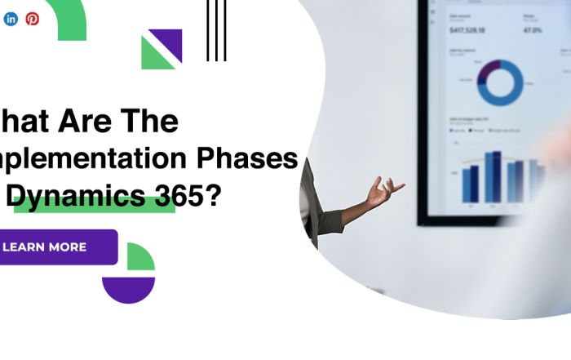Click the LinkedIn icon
tap(11, 19)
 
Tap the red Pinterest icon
tap(33, 19)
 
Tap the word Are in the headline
tap(86, 121)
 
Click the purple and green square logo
tap(162, 49)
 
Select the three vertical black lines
tap(216, 30)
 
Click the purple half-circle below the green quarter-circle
tap(128, 290)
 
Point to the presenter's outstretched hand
tap(383, 192)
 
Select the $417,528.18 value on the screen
tap(467, 30)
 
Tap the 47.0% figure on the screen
tap(532, 30)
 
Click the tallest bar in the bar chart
tap(493, 176)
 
